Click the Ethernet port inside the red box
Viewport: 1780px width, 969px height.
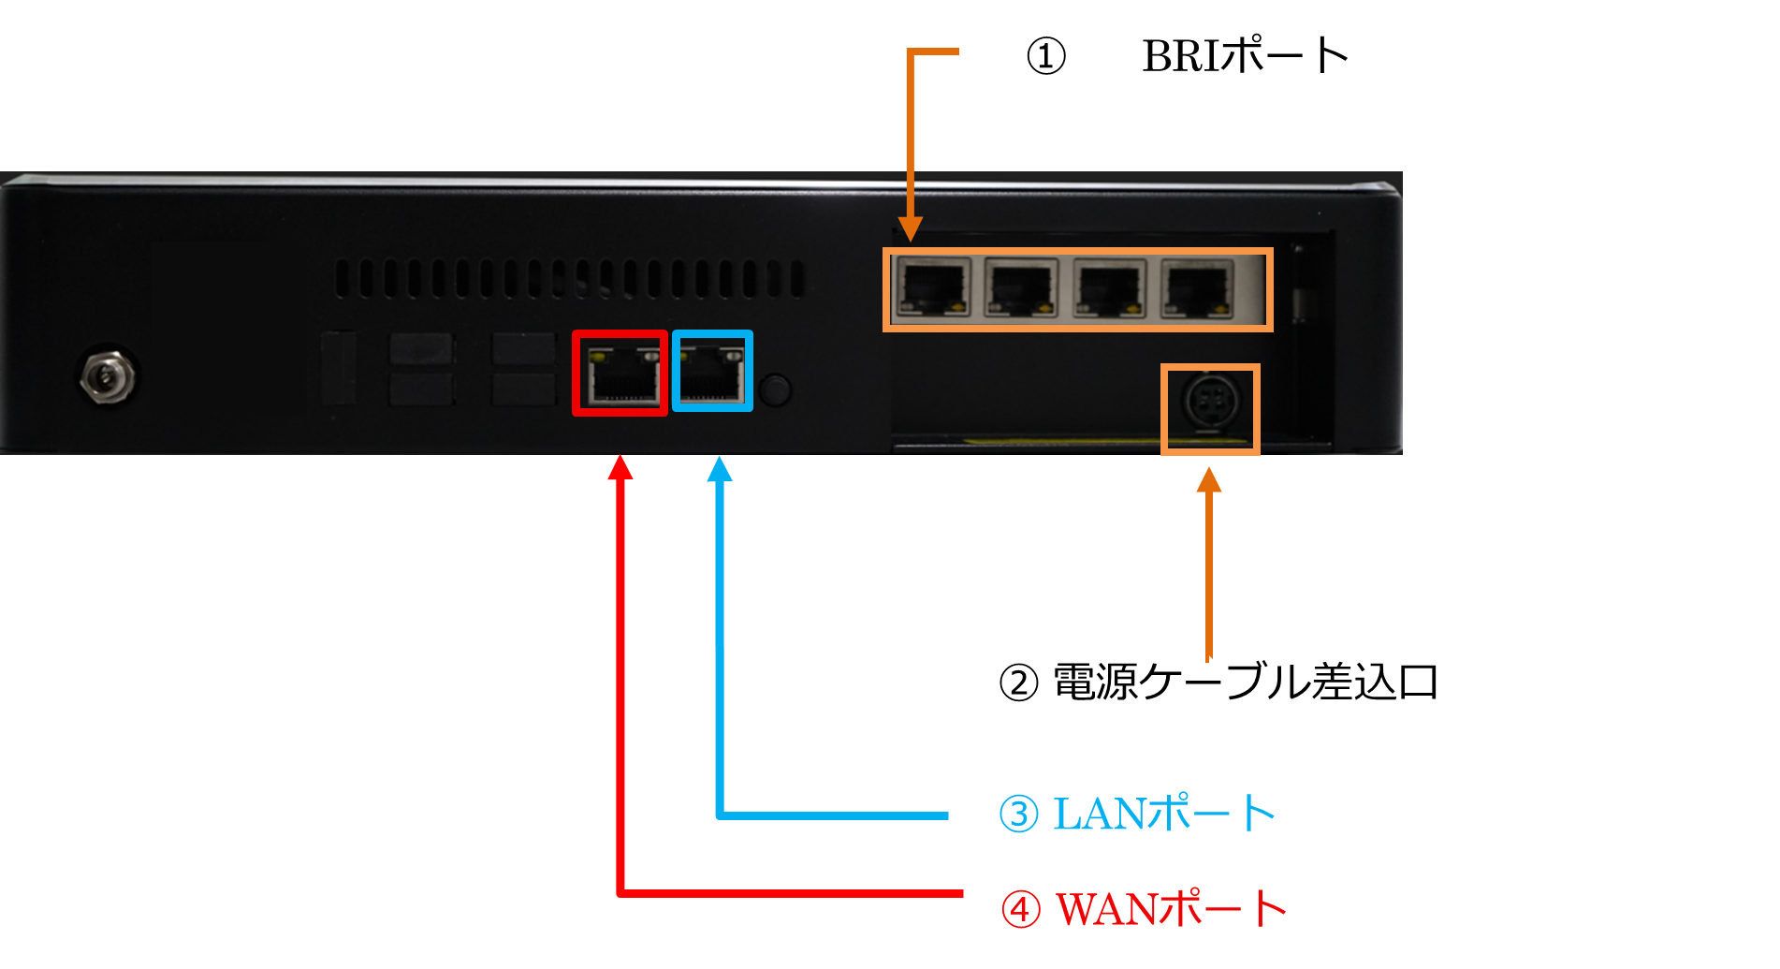(620, 374)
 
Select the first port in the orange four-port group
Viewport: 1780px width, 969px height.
(932, 288)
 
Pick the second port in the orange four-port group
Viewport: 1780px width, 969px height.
(1021, 288)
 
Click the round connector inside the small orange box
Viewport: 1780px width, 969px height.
(1210, 404)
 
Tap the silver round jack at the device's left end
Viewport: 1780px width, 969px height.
(107, 376)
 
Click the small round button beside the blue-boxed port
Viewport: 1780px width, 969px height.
(775, 389)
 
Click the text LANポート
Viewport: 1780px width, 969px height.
(1164, 814)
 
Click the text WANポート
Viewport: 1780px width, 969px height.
(1171, 908)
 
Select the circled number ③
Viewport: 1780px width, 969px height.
(1018, 814)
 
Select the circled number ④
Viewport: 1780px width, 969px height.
(1020, 909)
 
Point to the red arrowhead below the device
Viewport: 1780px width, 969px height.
(620, 467)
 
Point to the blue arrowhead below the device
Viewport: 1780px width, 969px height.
(720, 469)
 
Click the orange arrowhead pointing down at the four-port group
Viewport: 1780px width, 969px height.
(910, 229)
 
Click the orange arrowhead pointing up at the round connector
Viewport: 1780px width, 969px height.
(1209, 480)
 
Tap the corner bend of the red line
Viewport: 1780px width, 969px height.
(620, 893)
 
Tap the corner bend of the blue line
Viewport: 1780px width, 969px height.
(720, 815)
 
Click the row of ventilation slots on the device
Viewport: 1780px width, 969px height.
(569, 279)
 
